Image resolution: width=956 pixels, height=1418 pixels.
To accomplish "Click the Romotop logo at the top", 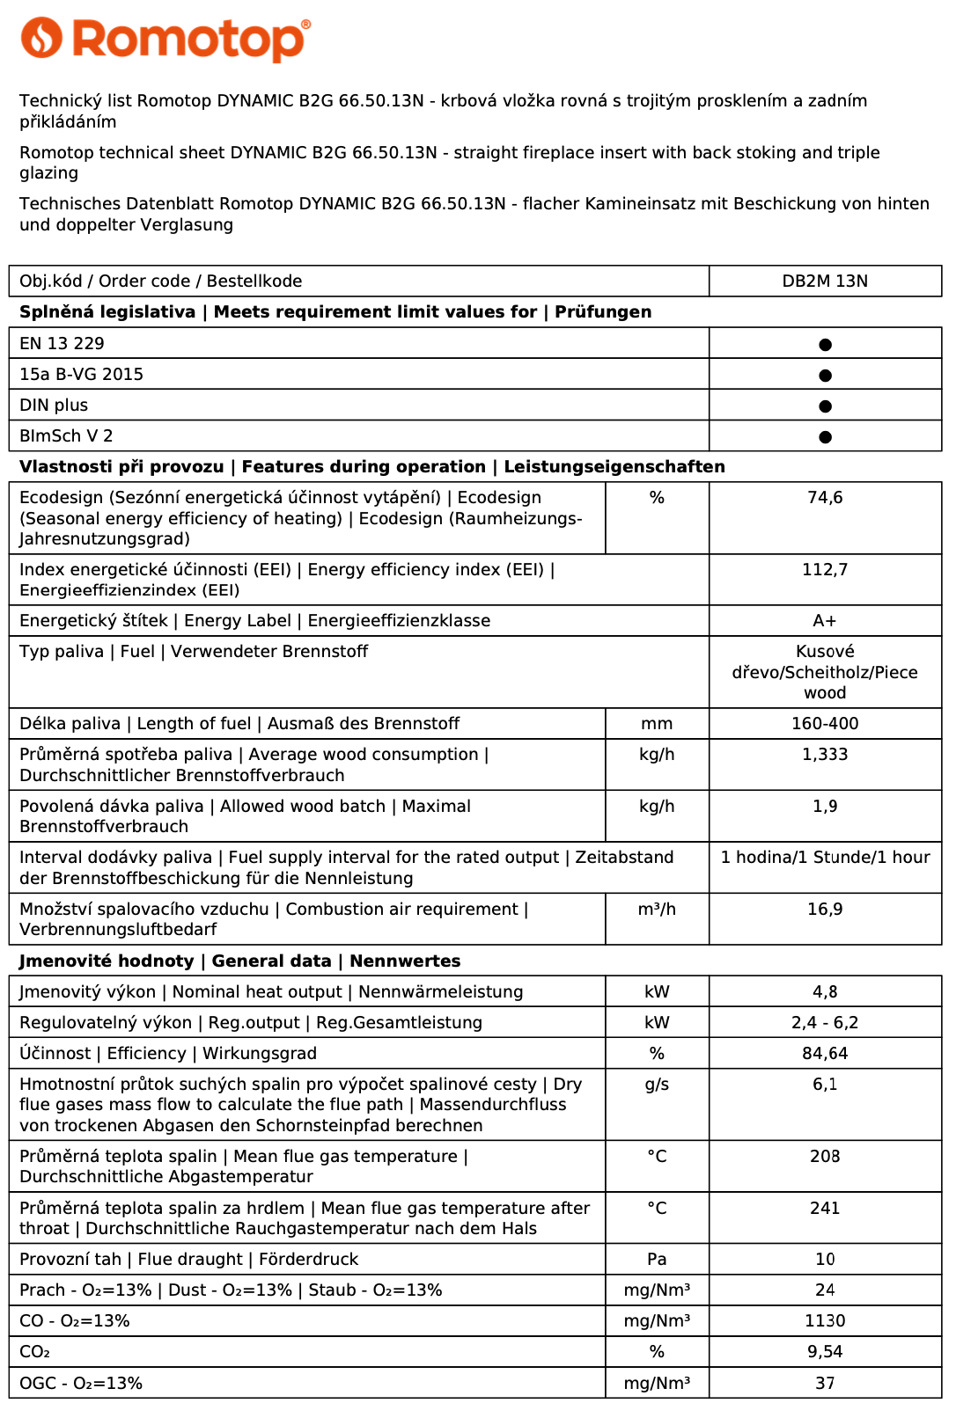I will pos(165,40).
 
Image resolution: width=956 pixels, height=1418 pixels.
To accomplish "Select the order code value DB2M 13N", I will pos(825,281).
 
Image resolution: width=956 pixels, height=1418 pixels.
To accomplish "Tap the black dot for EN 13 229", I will pos(825,345).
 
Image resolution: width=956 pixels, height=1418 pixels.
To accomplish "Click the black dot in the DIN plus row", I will pos(825,406).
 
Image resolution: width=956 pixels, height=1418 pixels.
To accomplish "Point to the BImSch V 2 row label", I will pos(66,436).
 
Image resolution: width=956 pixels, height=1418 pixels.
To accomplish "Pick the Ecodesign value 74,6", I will pos(825,498).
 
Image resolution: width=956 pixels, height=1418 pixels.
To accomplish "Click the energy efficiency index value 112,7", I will pos(825,570).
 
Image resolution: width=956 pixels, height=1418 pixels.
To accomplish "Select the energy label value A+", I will pos(825,621).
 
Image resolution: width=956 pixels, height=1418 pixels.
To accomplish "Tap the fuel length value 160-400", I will pos(825,724).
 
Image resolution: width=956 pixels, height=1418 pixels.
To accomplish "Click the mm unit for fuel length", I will pos(657,724).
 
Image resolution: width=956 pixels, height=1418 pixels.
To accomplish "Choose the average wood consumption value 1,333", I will pos(825,755).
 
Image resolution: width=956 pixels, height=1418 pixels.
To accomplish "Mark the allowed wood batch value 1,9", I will pos(825,807).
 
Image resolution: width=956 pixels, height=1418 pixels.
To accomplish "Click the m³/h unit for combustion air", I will pos(657,910).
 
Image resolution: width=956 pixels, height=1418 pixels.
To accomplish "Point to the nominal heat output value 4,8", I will pos(825,992).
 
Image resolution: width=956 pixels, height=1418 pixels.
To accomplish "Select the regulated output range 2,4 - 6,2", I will pos(825,1023).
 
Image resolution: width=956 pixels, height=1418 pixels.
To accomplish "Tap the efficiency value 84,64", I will pos(825,1054).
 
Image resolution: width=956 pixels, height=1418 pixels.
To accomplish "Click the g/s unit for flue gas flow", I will pos(657,1085).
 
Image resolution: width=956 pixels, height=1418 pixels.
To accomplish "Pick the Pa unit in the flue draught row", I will pos(657,1260).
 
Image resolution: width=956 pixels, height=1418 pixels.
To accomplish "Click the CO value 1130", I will pos(825,1321).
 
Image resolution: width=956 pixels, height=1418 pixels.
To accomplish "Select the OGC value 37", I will pos(825,1384).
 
